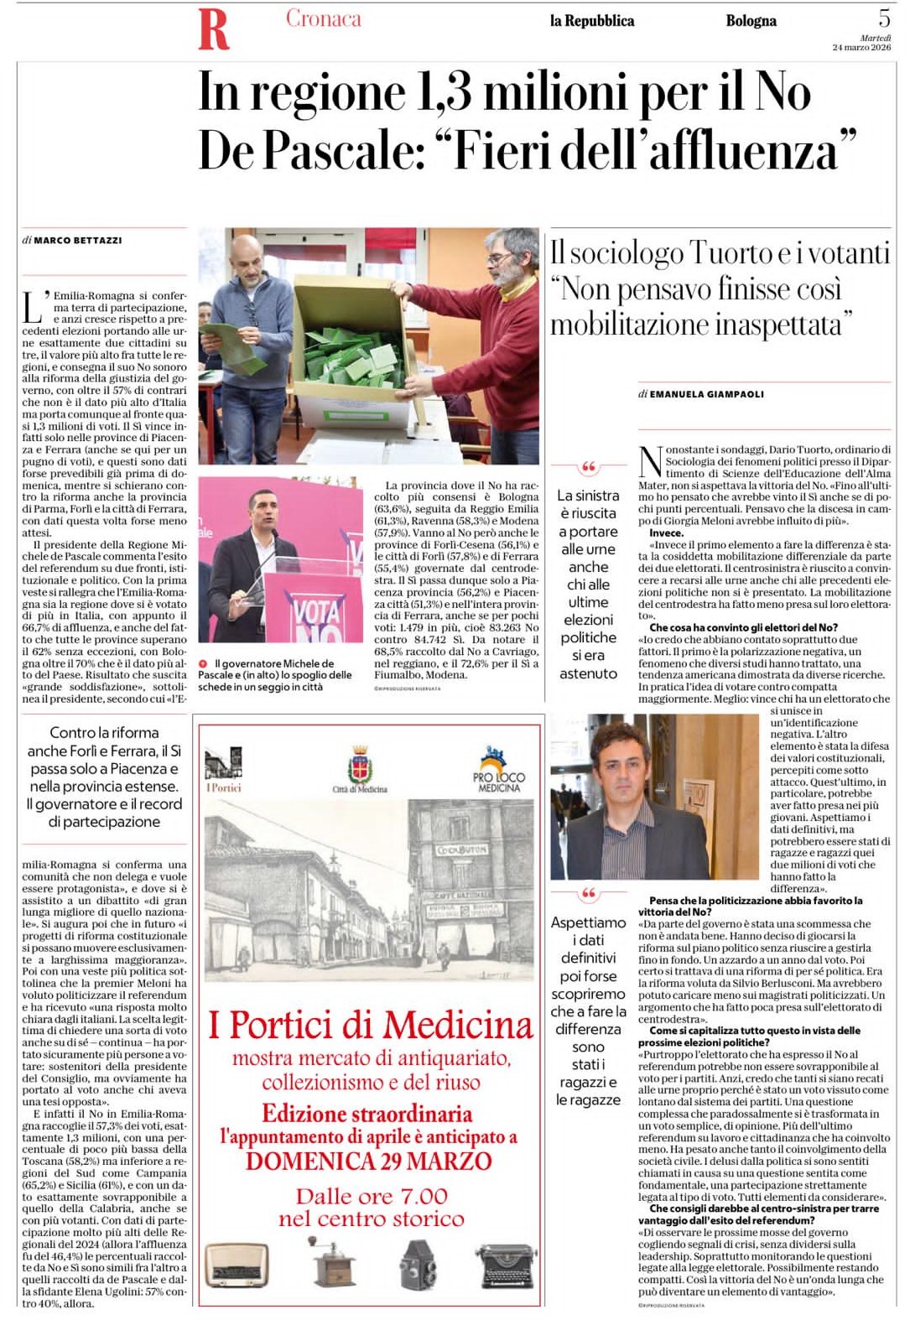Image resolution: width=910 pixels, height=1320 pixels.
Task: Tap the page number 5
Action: (x=884, y=17)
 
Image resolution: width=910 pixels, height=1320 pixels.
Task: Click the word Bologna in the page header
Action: (x=751, y=21)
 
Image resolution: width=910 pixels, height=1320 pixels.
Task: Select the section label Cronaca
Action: (x=323, y=18)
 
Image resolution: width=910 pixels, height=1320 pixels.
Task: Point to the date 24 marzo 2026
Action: (x=861, y=48)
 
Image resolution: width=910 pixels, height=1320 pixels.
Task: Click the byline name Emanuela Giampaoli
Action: (x=706, y=394)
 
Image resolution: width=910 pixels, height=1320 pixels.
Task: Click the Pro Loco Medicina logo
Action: (x=498, y=769)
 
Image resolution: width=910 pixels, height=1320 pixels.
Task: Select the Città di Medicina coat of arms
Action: (x=360, y=766)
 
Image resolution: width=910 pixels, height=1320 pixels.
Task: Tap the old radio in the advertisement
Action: (x=237, y=1265)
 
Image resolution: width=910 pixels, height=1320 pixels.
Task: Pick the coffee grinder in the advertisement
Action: (x=333, y=1260)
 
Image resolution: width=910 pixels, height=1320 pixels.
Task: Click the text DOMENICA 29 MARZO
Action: (x=368, y=1161)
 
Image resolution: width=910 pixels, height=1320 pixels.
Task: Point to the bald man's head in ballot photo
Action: (x=250, y=256)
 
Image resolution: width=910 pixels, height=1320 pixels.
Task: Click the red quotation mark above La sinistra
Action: (x=588, y=467)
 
